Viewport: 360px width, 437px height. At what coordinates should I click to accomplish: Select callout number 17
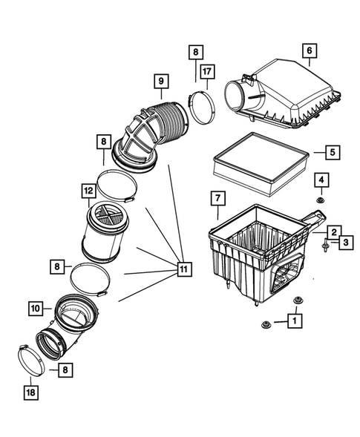(x=206, y=72)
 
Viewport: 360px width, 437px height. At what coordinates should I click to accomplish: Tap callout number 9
(x=159, y=80)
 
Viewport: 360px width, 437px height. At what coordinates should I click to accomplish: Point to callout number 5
(x=331, y=153)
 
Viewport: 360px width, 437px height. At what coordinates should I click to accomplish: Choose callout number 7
(x=217, y=198)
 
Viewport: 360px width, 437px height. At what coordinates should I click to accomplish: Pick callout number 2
(x=335, y=232)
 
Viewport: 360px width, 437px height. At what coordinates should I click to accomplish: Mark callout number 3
(x=345, y=242)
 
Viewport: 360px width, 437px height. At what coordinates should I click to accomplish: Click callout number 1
(x=295, y=321)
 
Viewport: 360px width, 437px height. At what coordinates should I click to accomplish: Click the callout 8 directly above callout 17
(x=194, y=52)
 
